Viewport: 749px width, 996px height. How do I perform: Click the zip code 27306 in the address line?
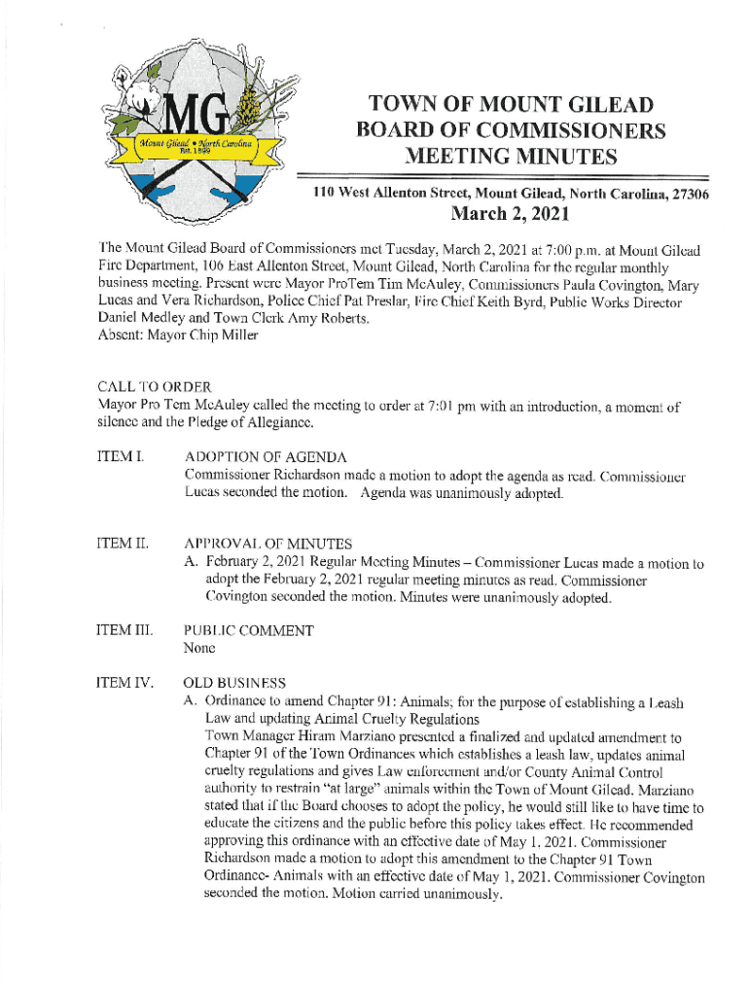[686, 195]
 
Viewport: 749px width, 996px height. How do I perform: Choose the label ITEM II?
[120, 544]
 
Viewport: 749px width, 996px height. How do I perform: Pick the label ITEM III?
[122, 630]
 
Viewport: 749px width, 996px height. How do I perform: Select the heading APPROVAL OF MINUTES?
[268, 544]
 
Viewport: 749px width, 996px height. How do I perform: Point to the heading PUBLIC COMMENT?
[249, 630]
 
